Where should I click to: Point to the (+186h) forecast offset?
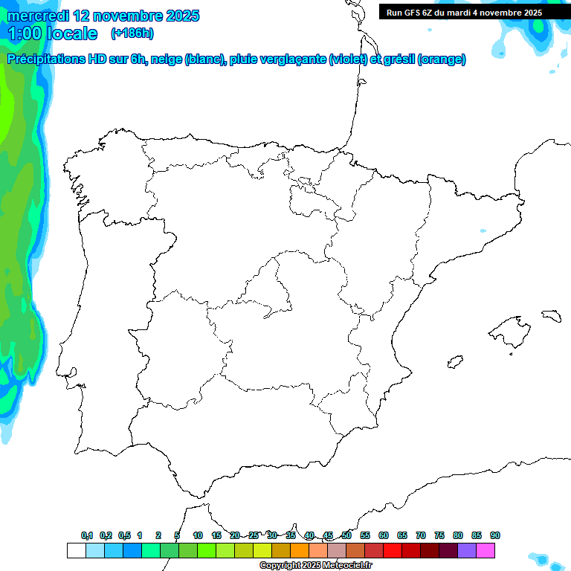[x=132, y=33]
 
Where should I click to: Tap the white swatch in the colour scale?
[x=76, y=550]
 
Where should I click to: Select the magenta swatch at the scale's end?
[x=485, y=550]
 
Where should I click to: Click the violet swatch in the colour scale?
[x=467, y=550]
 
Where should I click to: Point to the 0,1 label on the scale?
[x=87, y=535]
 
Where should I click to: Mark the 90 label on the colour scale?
[x=495, y=535]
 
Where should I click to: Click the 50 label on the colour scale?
[x=346, y=535]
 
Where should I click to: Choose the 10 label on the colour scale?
[x=198, y=535]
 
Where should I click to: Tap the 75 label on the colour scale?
[x=439, y=535]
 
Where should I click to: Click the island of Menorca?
[x=551, y=315]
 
